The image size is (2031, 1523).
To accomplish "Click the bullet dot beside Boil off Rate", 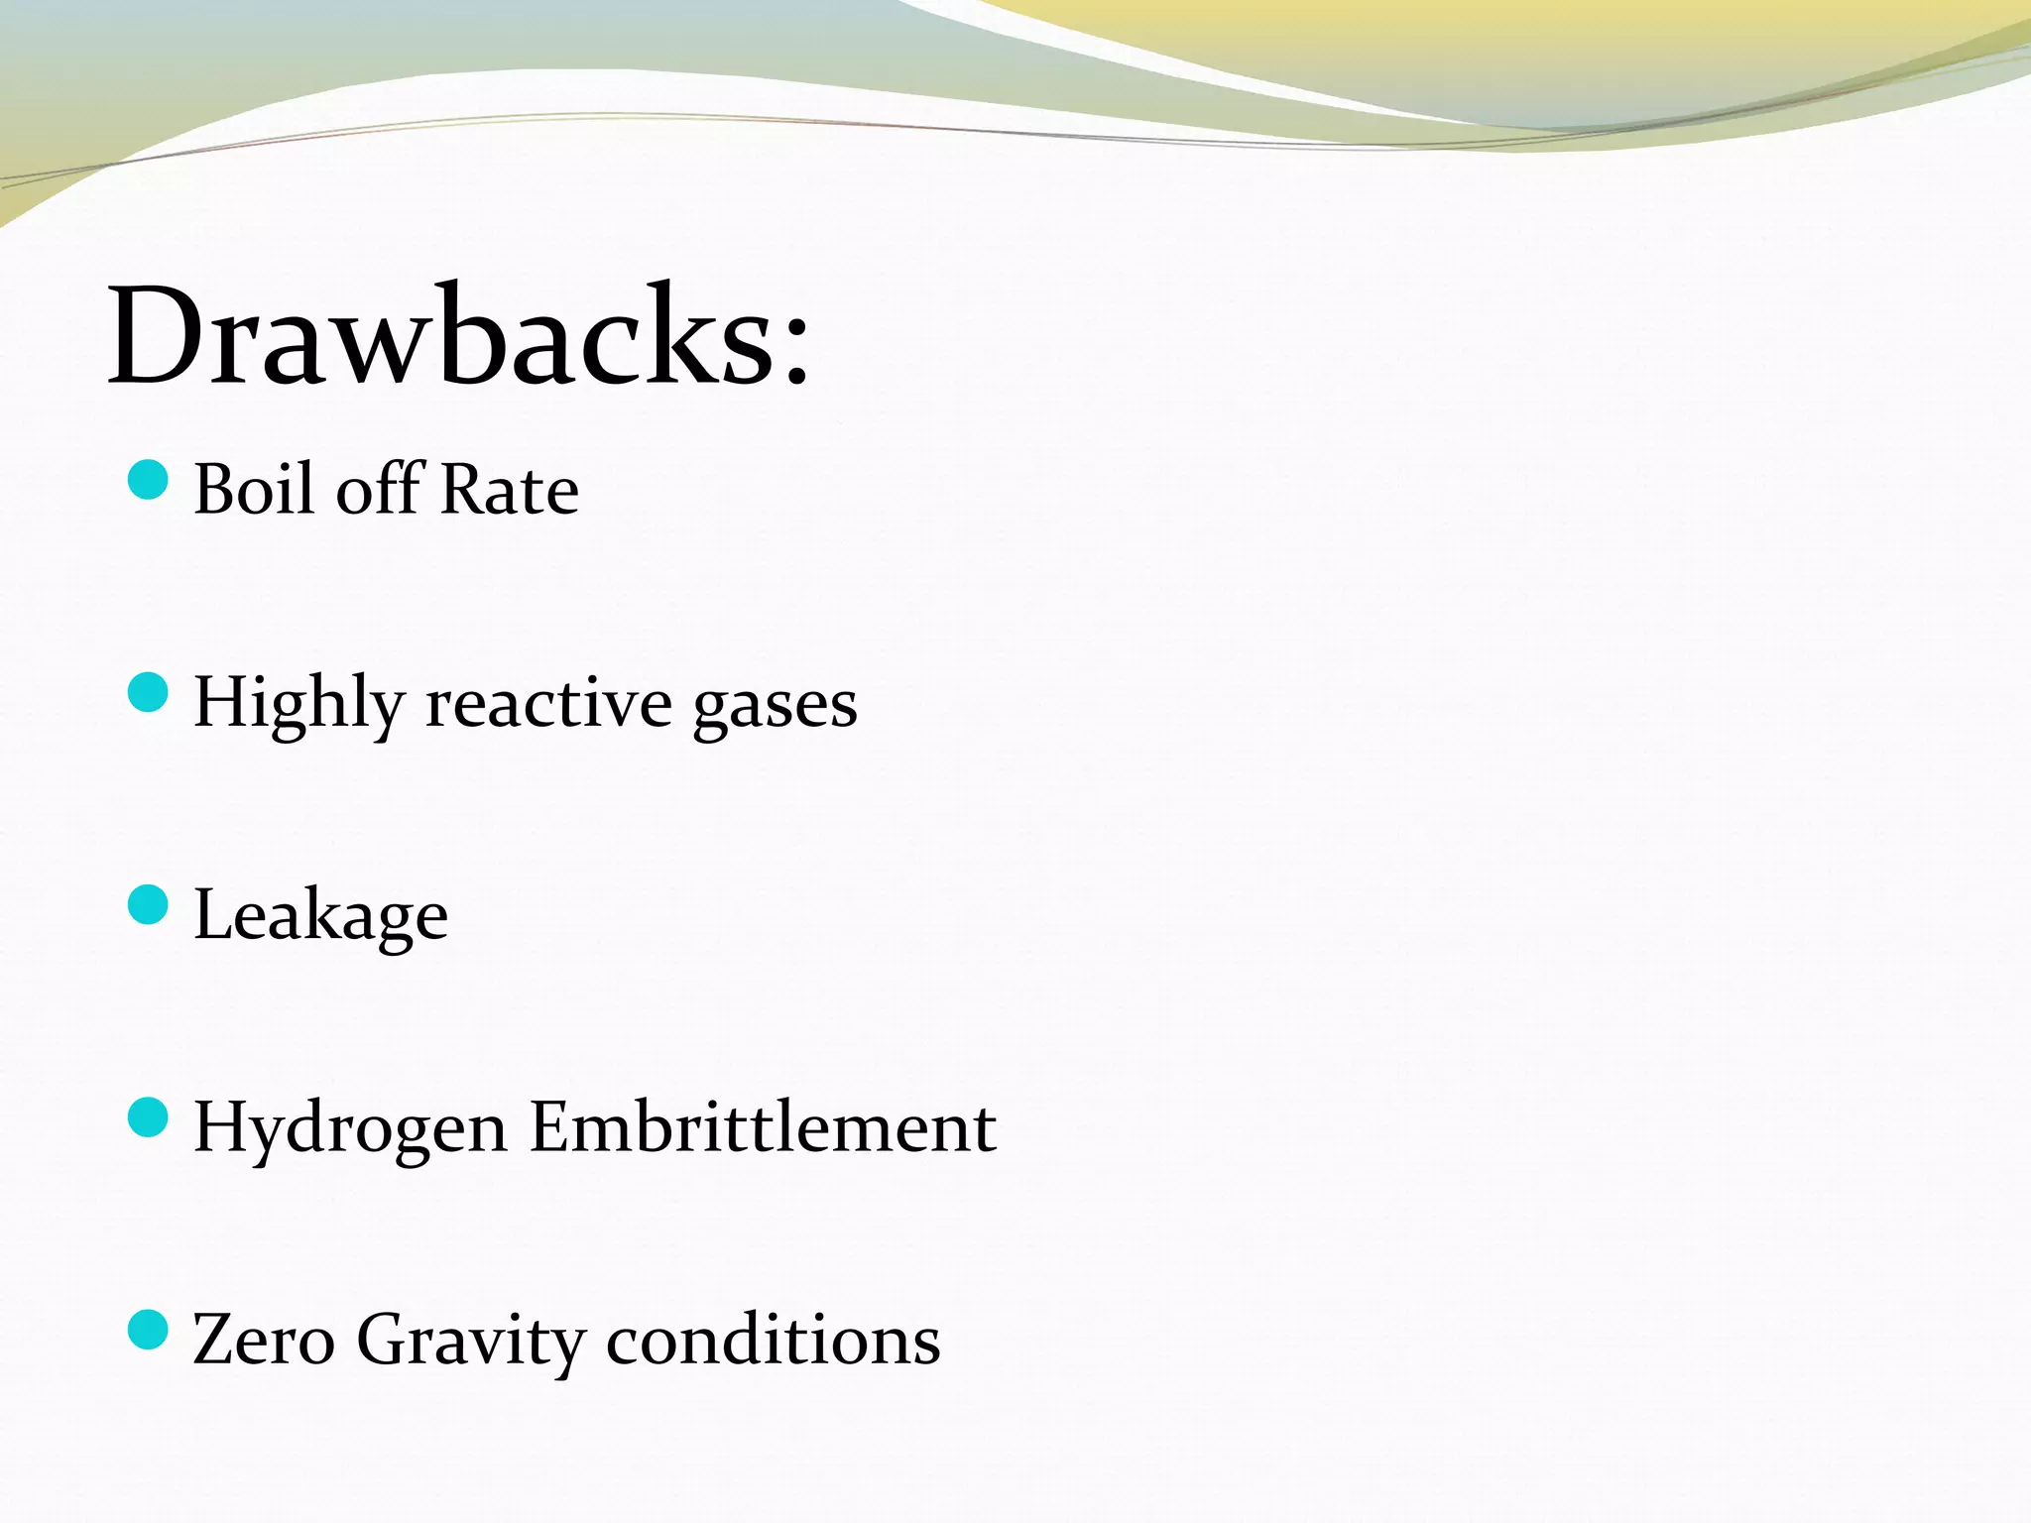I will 148,481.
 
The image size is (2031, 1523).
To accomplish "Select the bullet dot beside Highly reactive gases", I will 148,692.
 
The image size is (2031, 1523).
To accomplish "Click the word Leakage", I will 320,916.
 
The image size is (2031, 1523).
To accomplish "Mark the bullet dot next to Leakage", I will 148,904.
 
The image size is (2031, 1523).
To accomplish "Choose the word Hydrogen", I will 350,1128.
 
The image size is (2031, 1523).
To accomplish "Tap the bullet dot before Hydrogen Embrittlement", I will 148,1117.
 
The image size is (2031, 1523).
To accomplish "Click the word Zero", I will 264,1340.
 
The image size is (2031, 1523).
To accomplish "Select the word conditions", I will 773,1340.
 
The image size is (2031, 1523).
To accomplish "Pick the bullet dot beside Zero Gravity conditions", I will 148,1330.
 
